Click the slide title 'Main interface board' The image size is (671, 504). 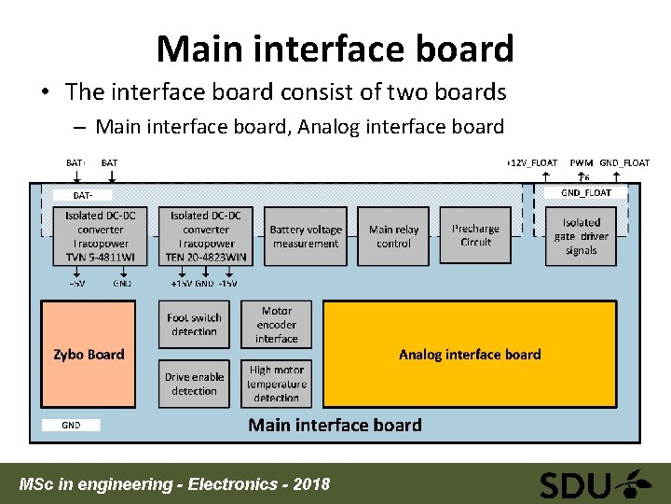(335, 49)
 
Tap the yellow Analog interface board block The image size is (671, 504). (470, 354)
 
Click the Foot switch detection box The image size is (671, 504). (194, 325)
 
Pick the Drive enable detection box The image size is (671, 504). (194, 384)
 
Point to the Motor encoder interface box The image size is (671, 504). (277, 325)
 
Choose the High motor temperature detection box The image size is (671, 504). (277, 384)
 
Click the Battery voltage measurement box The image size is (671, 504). (306, 236)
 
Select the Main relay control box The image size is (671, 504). (393, 236)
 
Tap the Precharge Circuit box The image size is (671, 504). (475, 235)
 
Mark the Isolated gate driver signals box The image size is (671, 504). (582, 236)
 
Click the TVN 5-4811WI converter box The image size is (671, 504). (101, 236)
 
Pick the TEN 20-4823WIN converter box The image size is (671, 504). (206, 236)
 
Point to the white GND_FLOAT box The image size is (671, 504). (586, 193)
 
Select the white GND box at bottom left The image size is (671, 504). (71, 426)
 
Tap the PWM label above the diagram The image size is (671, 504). (582, 162)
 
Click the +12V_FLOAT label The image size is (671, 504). (532, 162)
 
